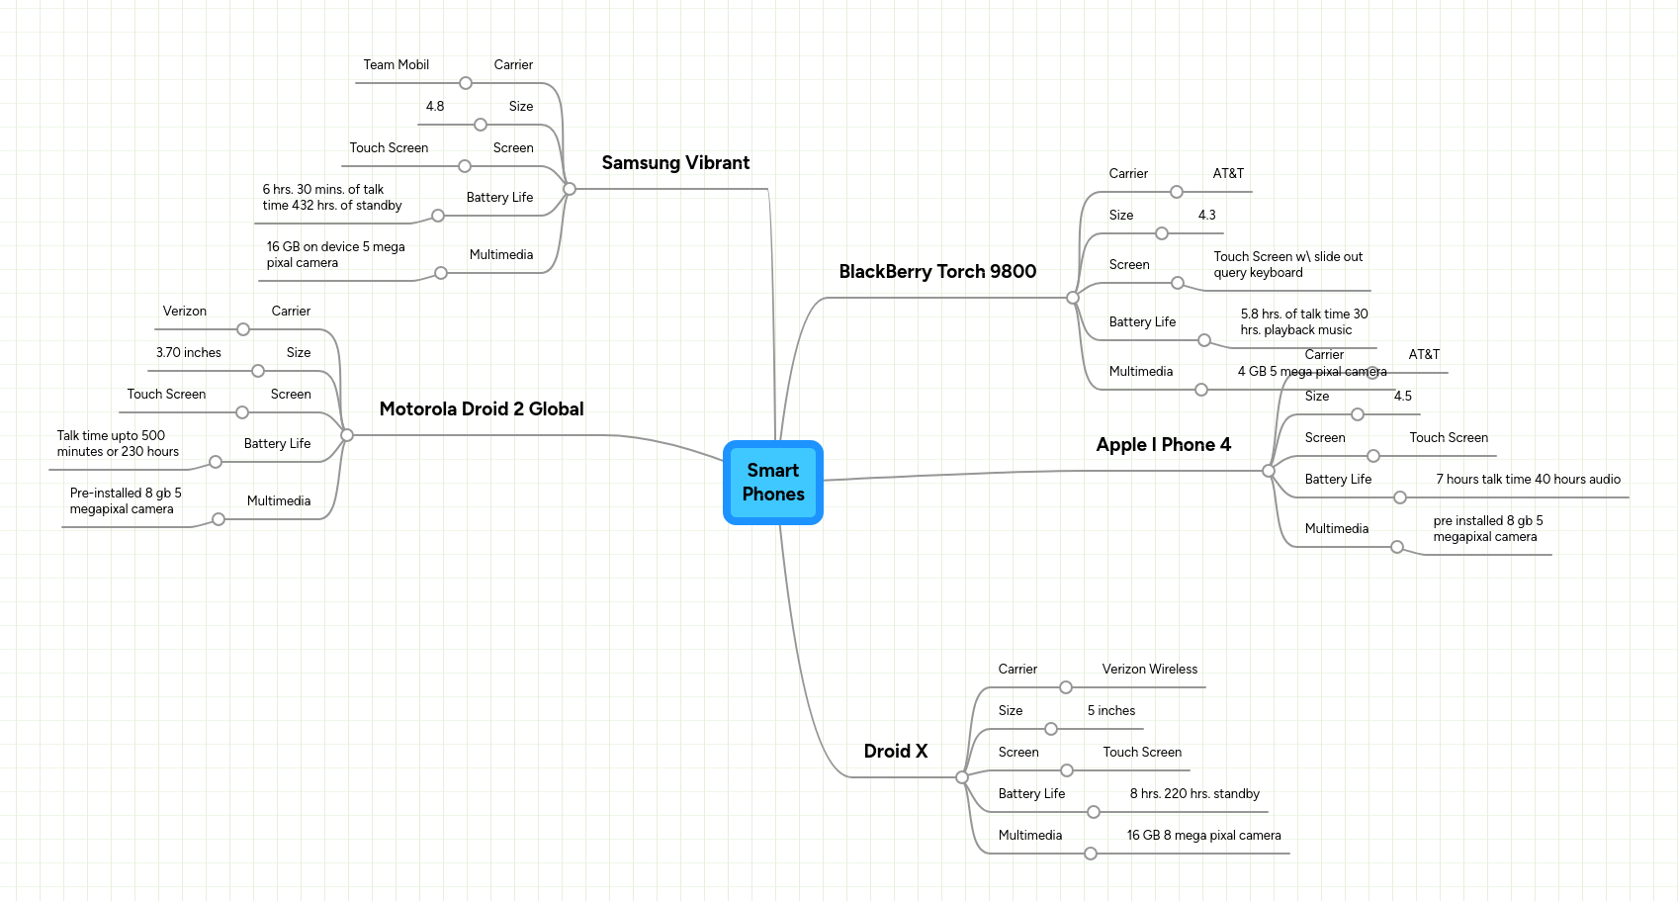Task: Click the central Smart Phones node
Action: (772, 482)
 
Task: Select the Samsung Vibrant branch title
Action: (675, 163)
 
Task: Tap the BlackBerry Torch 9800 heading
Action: (936, 272)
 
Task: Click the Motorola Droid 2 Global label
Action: (481, 409)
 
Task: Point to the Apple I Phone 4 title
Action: (1163, 445)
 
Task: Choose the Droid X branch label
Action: (895, 752)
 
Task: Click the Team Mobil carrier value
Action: (396, 65)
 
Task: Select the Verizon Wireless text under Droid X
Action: (1149, 670)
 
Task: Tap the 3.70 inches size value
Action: (188, 353)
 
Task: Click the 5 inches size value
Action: (1110, 711)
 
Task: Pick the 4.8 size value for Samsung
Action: (434, 107)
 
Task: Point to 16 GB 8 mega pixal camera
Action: (1203, 836)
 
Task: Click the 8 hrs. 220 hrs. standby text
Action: (1193, 794)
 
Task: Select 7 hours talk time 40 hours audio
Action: (1528, 480)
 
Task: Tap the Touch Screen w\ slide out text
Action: (1287, 257)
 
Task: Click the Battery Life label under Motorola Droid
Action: (277, 444)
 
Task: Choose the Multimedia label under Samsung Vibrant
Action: (500, 255)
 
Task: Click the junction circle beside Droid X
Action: (961, 777)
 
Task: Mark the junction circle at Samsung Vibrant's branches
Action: (569, 189)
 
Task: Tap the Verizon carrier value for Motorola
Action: (184, 312)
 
